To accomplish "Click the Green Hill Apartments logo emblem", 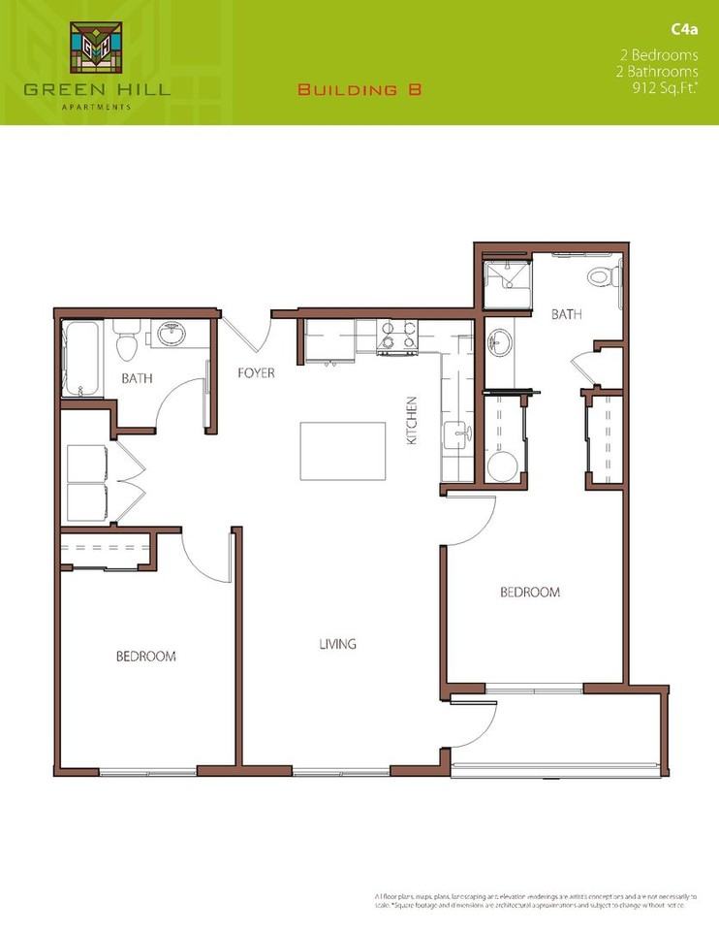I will pos(96,48).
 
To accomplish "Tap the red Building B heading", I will pos(360,90).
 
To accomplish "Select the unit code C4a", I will pos(683,30).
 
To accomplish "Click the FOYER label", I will pos(257,372).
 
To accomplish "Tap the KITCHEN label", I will pos(411,420).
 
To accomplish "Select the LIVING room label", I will pos(338,644).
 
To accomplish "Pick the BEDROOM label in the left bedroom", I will pos(145,657).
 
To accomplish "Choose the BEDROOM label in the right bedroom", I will pos(530,593).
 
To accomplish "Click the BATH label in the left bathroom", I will pos(136,379).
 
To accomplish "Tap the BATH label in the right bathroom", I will pos(566,314).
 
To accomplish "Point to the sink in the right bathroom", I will pos(500,342).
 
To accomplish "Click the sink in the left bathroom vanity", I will pos(174,335).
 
